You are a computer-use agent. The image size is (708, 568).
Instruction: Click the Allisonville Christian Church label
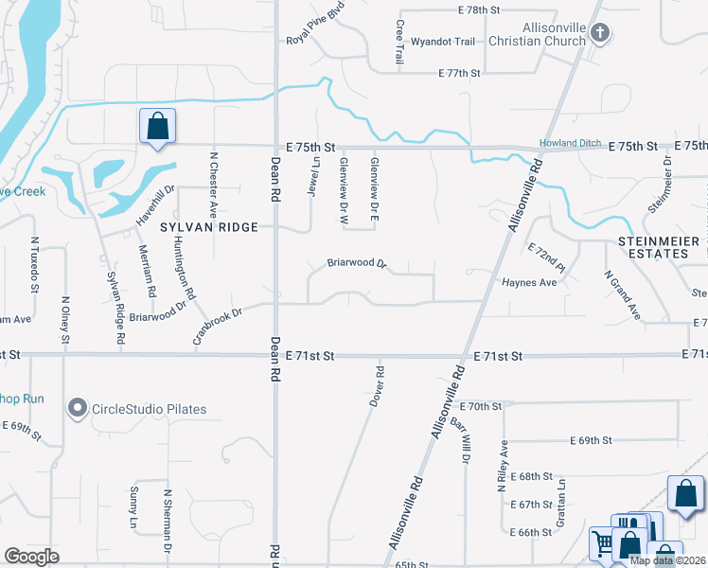point(535,35)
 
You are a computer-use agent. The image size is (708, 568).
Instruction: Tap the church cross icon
point(599,35)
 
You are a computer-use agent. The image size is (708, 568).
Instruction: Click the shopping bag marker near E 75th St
point(157,127)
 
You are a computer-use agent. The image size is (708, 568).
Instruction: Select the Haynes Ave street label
point(530,282)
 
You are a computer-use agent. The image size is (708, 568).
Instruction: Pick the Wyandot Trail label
point(442,42)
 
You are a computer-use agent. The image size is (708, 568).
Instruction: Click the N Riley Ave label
point(502,466)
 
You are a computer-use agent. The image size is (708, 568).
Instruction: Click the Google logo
point(31,556)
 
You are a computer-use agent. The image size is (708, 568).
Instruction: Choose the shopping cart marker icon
point(603,543)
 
